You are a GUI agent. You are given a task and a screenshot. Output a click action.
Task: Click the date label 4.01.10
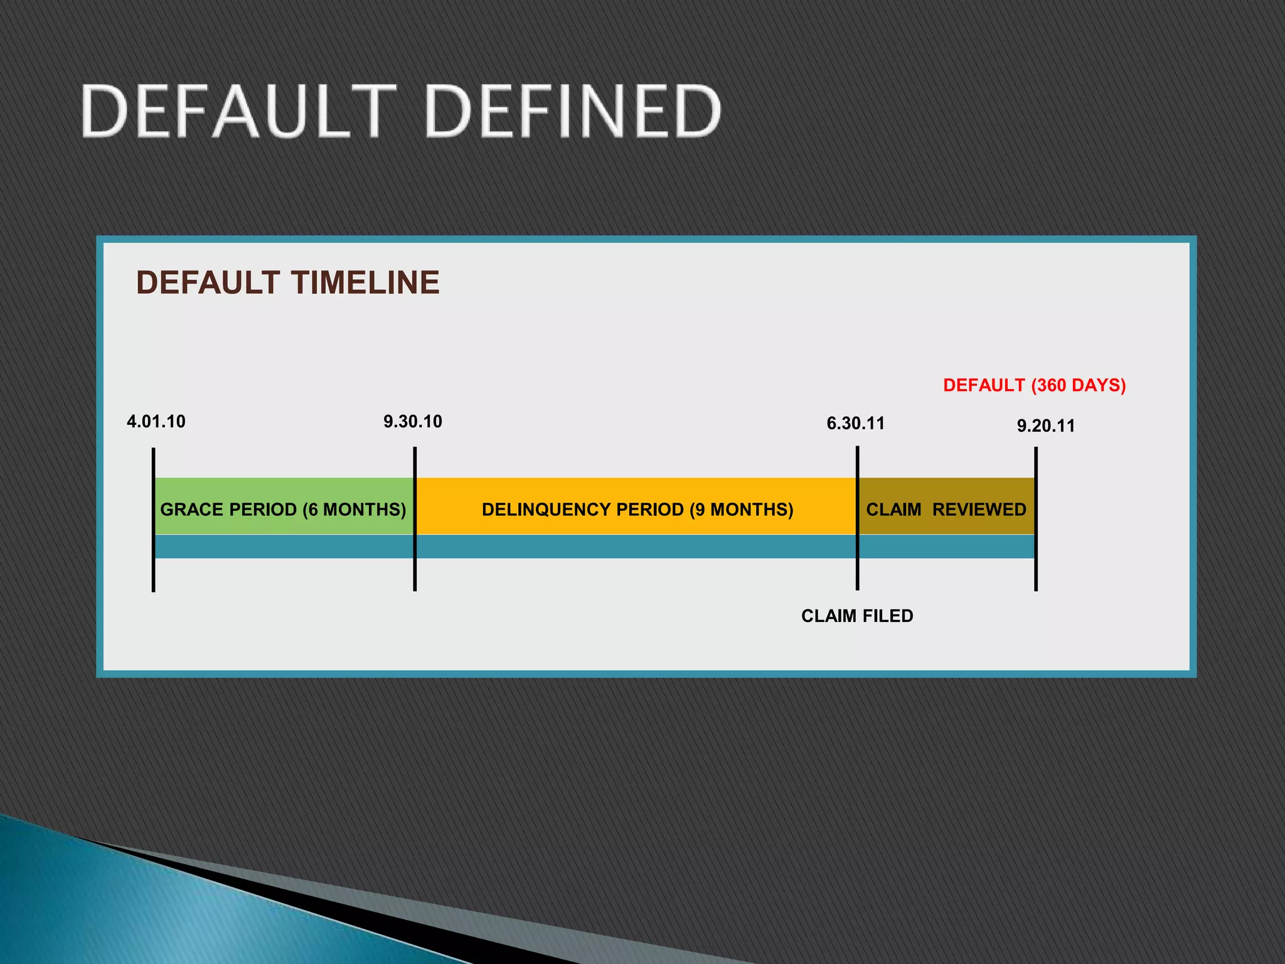coord(156,421)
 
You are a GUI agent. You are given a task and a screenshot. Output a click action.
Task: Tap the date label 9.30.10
coord(413,421)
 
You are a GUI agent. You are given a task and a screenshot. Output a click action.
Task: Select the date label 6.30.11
coord(855,423)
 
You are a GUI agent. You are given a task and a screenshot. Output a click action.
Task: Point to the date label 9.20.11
coord(1046,426)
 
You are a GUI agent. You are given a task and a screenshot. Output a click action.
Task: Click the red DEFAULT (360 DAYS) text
coord(1034,385)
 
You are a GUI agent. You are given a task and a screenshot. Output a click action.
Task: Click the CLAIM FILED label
coord(857,616)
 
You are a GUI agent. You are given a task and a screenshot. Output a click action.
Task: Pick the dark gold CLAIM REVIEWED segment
coord(946,490)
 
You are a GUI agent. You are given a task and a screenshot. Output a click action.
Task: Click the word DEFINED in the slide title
coord(573,111)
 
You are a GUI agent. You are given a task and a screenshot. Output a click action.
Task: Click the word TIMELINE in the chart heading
coord(365,282)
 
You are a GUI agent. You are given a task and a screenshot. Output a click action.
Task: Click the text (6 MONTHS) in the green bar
coord(355,509)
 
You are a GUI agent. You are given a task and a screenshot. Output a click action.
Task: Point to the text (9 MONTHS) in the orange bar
coord(742,509)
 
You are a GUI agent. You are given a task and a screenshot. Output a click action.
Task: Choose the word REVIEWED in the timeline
coord(979,509)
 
